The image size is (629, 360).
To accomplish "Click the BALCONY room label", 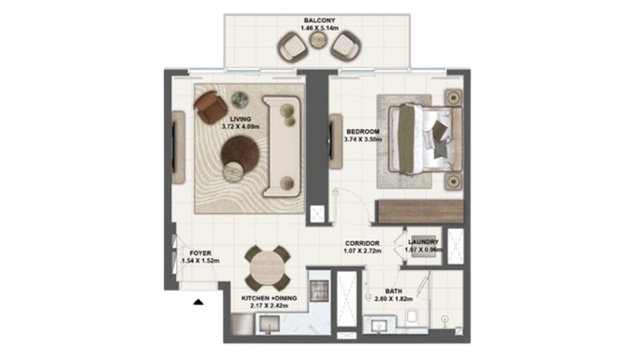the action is tap(320, 21).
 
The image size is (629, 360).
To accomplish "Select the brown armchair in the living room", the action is tap(211, 107).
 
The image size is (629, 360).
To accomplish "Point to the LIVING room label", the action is tap(241, 119).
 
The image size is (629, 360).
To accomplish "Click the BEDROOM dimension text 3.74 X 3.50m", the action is tap(363, 139).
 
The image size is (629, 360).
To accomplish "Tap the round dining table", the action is tap(268, 268).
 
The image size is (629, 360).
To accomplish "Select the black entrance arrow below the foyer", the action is tap(198, 302).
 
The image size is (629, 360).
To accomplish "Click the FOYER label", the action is tap(200, 253).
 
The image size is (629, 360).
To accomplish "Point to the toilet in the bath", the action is tap(412, 316).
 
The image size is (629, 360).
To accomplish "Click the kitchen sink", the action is tap(270, 323).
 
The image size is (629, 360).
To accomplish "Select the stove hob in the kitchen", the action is tap(320, 288).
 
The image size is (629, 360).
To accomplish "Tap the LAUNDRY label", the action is tap(423, 242).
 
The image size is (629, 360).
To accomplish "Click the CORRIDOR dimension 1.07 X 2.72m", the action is tap(362, 251).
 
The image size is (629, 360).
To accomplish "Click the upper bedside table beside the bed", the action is tap(453, 98).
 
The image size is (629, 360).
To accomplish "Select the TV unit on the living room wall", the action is tap(178, 148).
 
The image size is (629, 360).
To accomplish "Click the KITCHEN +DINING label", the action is tap(269, 298).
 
